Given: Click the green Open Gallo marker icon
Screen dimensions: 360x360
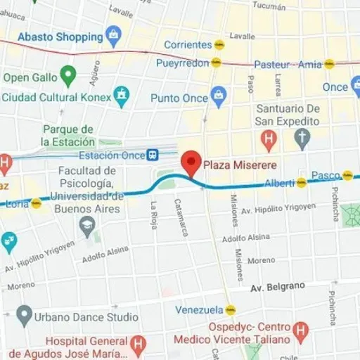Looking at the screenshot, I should [x=68, y=72].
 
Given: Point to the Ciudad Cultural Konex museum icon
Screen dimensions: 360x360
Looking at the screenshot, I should [x=124, y=94].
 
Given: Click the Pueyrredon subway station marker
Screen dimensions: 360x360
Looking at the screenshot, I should [x=217, y=63].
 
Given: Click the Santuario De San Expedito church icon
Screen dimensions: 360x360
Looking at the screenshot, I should [x=302, y=138].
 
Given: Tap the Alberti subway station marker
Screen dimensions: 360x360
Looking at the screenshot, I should [x=302, y=183].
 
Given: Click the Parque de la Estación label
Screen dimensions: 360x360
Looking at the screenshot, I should [x=68, y=135].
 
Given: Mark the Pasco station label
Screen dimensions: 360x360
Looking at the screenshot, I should [x=326, y=174].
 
